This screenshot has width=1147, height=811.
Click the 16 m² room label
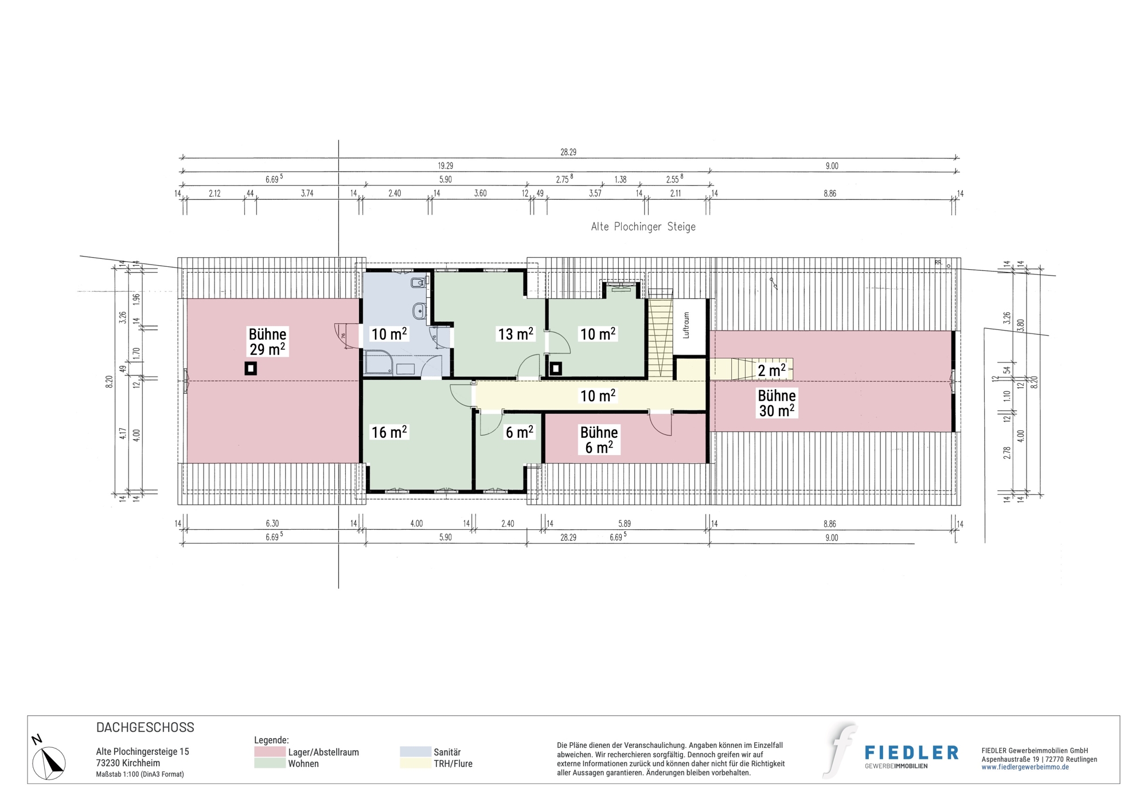tap(389, 432)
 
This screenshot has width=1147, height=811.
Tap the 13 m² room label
tap(516, 334)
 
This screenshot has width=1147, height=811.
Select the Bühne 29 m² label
tap(267, 342)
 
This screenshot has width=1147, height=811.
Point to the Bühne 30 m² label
tap(777, 403)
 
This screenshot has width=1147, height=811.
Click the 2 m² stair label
tap(771, 371)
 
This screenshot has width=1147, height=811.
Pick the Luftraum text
tap(686, 325)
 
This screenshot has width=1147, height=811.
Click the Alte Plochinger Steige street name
tap(643, 227)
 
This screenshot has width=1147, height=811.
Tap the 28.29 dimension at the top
tap(568, 152)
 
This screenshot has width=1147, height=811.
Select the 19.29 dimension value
tap(446, 166)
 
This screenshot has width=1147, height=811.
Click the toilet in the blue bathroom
tap(419, 282)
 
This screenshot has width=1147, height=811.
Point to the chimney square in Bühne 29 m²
tap(251, 368)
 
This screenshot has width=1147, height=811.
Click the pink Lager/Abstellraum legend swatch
tap(270, 752)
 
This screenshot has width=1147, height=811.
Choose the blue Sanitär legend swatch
tap(415, 752)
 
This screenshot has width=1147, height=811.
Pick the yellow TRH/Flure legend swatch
tap(415, 763)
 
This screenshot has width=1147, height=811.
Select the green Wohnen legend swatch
tap(270, 763)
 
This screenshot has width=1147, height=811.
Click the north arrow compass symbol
tap(48, 760)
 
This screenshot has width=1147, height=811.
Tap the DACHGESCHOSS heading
tap(145, 727)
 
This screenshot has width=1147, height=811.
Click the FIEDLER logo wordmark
tap(911, 753)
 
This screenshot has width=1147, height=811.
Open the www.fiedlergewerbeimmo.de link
tap(1025, 767)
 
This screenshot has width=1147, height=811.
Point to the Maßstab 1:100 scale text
tap(140, 774)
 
